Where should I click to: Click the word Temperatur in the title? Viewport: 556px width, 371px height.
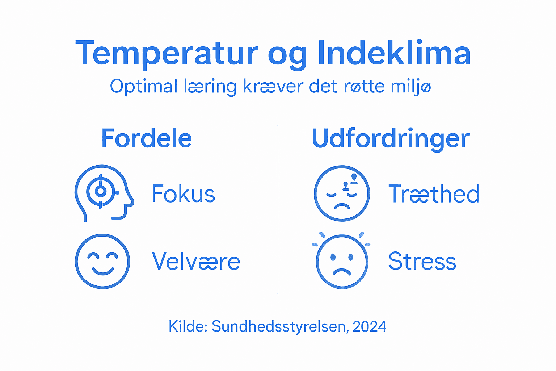pyautogui.click(x=167, y=54)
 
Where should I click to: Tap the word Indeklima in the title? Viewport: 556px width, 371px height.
pyautogui.click(x=395, y=53)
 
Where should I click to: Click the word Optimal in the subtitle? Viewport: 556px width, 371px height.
pyautogui.click(x=143, y=87)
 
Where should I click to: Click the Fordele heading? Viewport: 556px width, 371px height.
pyautogui.click(x=146, y=138)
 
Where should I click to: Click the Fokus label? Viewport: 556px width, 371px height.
pyautogui.click(x=183, y=194)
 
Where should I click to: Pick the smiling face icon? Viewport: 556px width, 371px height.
pyautogui.click(x=102, y=261)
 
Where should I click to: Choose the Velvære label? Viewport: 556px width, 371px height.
pyautogui.click(x=196, y=261)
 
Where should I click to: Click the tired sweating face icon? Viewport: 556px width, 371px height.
pyautogui.click(x=342, y=193)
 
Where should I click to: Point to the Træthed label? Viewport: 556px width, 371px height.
pyautogui.click(x=434, y=194)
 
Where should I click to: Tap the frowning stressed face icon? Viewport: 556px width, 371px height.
pyautogui.click(x=342, y=261)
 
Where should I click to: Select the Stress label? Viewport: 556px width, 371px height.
pyautogui.click(x=422, y=261)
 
